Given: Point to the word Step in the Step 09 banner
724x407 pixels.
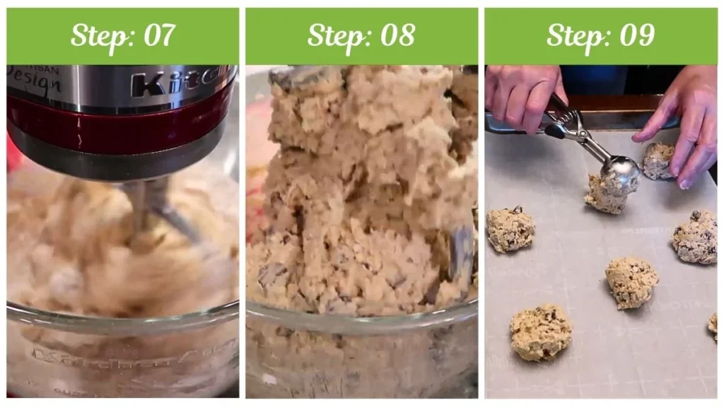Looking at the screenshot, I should tap(575, 35).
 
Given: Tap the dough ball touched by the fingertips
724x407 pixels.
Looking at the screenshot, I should tap(658, 162).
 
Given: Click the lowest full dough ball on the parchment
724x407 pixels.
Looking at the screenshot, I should tap(540, 332).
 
